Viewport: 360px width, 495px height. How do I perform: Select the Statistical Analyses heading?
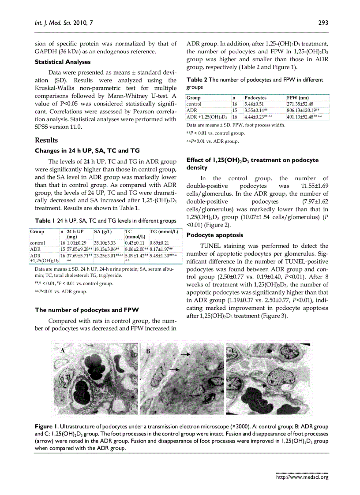[63, 62]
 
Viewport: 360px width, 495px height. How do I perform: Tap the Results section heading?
[46, 140]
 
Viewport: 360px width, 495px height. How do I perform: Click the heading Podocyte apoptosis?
[210, 235]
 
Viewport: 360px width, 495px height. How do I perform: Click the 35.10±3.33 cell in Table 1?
[105, 243]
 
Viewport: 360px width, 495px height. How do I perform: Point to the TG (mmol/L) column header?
[163, 231]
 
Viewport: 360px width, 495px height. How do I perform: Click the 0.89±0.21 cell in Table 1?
[159, 243]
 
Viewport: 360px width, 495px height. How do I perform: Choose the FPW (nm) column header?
[298, 98]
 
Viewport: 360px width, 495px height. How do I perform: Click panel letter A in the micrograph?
[63, 350]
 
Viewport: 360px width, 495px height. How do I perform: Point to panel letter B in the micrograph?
[148, 351]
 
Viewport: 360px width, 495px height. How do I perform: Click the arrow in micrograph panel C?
[262, 385]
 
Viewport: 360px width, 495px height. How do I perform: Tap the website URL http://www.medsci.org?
[302, 477]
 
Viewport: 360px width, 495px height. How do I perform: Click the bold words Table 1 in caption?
[45, 220]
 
